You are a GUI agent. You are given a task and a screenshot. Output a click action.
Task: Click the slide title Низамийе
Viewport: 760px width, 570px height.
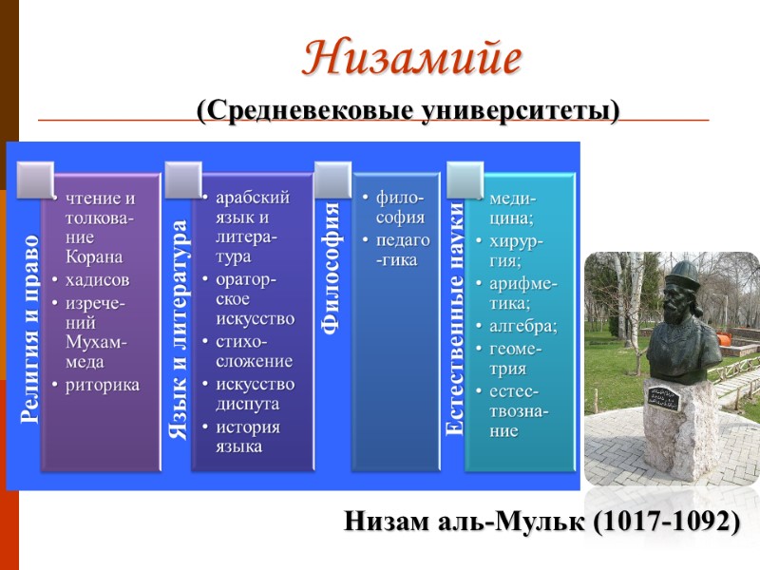coord(412,59)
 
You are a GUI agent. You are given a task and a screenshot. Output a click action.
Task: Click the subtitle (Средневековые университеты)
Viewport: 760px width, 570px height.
coord(408,111)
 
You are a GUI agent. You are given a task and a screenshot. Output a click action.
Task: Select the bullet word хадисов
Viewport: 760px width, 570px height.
coord(98,279)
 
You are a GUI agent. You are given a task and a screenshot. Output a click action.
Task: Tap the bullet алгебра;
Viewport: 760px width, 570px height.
coord(522,326)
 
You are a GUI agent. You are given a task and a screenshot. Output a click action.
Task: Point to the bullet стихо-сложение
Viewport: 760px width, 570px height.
coord(254,351)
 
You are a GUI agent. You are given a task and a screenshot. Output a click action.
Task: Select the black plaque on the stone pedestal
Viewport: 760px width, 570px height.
coord(664,396)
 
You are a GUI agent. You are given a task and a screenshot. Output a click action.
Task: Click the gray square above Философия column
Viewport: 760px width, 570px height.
coord(332,177)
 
